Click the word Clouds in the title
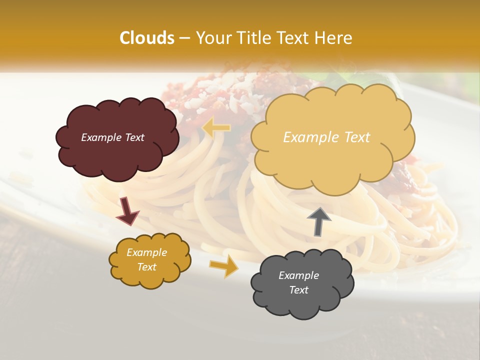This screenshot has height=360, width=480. (147, 38)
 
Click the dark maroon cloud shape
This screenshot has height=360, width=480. (116, 150)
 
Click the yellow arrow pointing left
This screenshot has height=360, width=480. (216, 128)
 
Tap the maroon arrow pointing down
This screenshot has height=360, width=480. (128, 211)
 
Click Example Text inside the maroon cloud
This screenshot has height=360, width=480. (112, 137)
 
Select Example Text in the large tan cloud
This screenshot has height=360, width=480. (326, 137)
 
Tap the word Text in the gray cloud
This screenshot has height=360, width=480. (298, 290)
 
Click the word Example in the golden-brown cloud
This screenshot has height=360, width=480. (146, 252)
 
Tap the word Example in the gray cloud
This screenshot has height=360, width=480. (298, 275)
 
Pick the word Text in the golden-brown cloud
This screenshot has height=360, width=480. (146, 267)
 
